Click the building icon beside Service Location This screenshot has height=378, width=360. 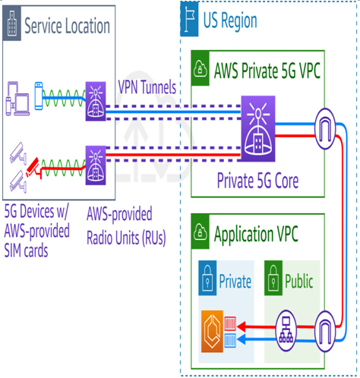(x=12, y=24)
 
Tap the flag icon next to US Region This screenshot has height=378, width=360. (x=189, y=19)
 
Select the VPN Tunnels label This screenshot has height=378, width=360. (x=147, y=87)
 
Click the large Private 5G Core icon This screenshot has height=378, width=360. (x=258, y=128)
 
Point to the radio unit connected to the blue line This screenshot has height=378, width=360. (x=96, y=101)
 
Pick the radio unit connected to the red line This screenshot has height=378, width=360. (x=96, y=165)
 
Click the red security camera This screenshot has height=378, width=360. (x=33, y=167)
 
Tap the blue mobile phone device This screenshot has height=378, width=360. (x=39, y=96)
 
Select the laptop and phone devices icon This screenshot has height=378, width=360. (x=17, y=99)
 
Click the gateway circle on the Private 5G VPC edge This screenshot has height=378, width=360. (x=325, y=129)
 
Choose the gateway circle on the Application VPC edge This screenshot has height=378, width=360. (x=325, y=332)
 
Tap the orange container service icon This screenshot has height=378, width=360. (x=212, y=332)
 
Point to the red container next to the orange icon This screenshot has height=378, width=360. (x=230, y=323)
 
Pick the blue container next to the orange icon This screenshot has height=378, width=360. (x=230, y=340)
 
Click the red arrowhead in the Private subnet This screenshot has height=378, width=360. (x=241, y=326)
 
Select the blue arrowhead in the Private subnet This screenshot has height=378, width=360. (x=241, y=339)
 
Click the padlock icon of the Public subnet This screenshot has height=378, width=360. (x=273, y=278)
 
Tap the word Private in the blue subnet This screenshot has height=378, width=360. (x=235, y=281)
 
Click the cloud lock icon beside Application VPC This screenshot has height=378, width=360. (x=201, y=232)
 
